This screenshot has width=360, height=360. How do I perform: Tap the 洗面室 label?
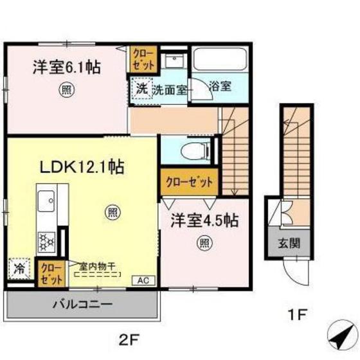coord(170,90)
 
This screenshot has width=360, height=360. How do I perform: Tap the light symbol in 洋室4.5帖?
coord(203,242)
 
